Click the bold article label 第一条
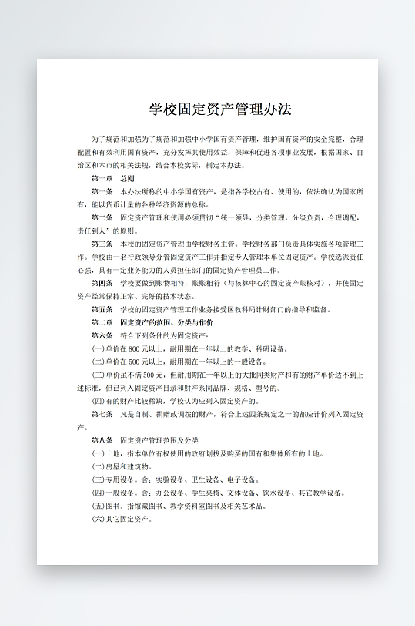102,190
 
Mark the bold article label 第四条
102,282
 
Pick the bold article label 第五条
102,308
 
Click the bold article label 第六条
102,335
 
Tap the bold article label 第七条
102,414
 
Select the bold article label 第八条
102,440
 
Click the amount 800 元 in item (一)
134,348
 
